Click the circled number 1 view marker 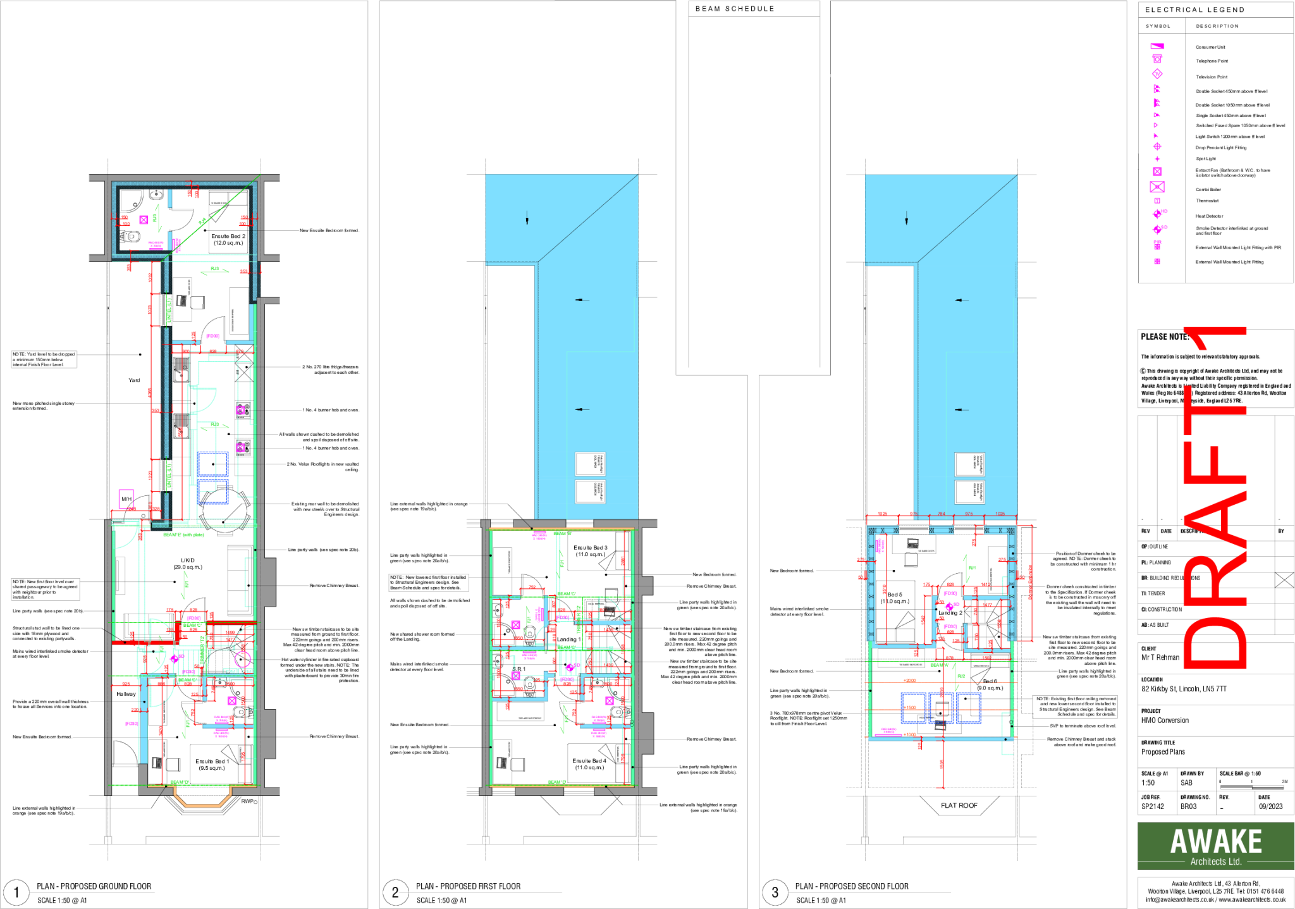16,893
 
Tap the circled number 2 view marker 395,893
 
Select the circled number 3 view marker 775,893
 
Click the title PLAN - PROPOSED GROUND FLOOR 94,886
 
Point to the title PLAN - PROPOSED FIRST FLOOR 469,886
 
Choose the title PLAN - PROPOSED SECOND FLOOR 852,886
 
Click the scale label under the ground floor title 63,900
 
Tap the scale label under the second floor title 821,900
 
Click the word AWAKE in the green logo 1215,841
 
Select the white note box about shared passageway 45,589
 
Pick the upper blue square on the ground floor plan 213,464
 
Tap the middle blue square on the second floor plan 941,708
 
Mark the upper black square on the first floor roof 590,464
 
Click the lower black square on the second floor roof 969,492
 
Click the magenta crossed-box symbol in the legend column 1157,187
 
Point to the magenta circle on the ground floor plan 243,659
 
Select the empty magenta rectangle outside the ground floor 126,498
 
